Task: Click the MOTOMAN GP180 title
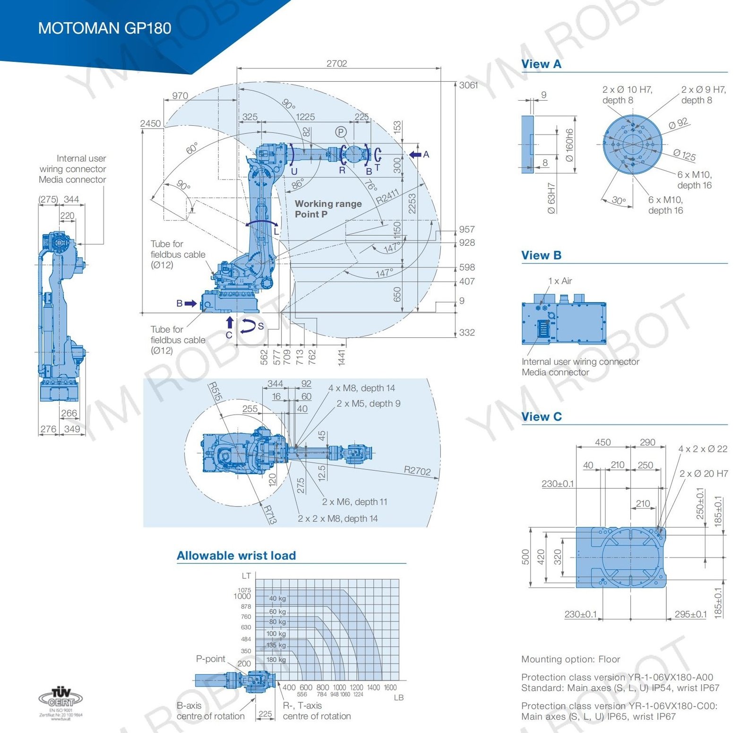pyautogui.click(x=104, y=28)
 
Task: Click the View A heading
pyautogui.click(x=541, y=64)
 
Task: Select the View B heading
pyautogui.click(x=541, y=256)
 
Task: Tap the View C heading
pyautogui.click(x=541, y=417)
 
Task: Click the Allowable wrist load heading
pyautogui.click(x=236, y=556)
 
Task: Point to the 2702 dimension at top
pyautogui.click(x=336, y=63)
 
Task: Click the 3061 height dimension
pyautogui.click(x=468, y=86)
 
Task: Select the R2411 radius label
pyautogui.click(x=387, y=197)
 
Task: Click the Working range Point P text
pyautogui.click(x=328, y=209)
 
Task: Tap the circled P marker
pyautogui.click(x=341, y=132)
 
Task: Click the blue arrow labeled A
pyautogui.click(x=415, y=155)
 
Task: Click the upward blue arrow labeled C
pyautogui.click(x=230, y=322)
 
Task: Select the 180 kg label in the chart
pyautogui.click(x=276, y=660)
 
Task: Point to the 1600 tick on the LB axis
pyautogui.click(x=390, y=688)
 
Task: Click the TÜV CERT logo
pyautogui.click(x=60, y=698)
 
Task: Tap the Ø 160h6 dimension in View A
pyautogui.click(x=569, y=145)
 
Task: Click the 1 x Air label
pyautogui.click(x=560, y=281)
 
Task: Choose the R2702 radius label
pyautogui.click(x=417, y=471)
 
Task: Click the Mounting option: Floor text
pyautogui.click(x=570, y=659)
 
